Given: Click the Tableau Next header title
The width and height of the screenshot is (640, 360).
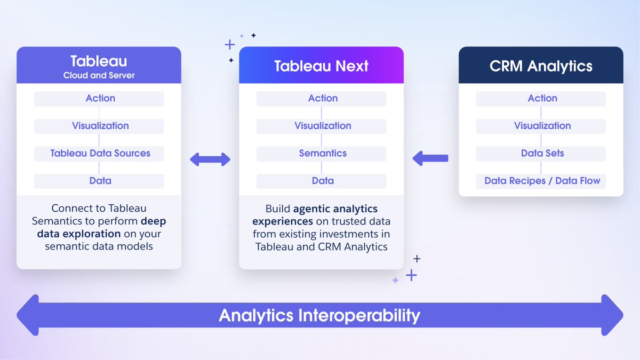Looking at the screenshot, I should pos(321,66).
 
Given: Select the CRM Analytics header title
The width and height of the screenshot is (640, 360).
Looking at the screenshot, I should pos(541,66).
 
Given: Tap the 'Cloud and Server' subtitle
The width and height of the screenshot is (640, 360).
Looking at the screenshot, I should pos(99,76).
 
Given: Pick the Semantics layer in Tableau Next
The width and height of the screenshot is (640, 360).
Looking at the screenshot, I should pos(322,154).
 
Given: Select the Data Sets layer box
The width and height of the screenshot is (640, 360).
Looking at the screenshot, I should pos(541,154).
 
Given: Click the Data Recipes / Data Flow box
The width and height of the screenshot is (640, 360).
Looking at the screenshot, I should pos(541,181).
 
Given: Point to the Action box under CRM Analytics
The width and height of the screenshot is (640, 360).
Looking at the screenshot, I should pos(541,99).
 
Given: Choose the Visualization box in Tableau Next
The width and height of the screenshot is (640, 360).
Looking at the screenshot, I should pos(322,126).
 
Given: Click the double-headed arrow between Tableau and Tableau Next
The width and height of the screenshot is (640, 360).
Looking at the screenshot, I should pos(210,158).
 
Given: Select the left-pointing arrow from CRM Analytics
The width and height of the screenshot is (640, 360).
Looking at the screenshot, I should pos(430,158).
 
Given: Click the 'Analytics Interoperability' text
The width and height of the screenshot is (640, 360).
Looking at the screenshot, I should pos(319,315).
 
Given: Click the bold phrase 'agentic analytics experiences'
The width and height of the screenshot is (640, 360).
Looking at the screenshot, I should pos(322,214).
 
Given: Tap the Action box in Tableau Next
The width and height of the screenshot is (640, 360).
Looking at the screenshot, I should pos(322,99).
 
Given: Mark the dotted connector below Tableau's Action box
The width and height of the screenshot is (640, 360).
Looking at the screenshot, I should pos(99,113).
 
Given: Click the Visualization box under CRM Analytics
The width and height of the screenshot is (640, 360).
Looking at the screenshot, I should pos(541,126).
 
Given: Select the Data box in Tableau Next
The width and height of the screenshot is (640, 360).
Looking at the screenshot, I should pos(322,181).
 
